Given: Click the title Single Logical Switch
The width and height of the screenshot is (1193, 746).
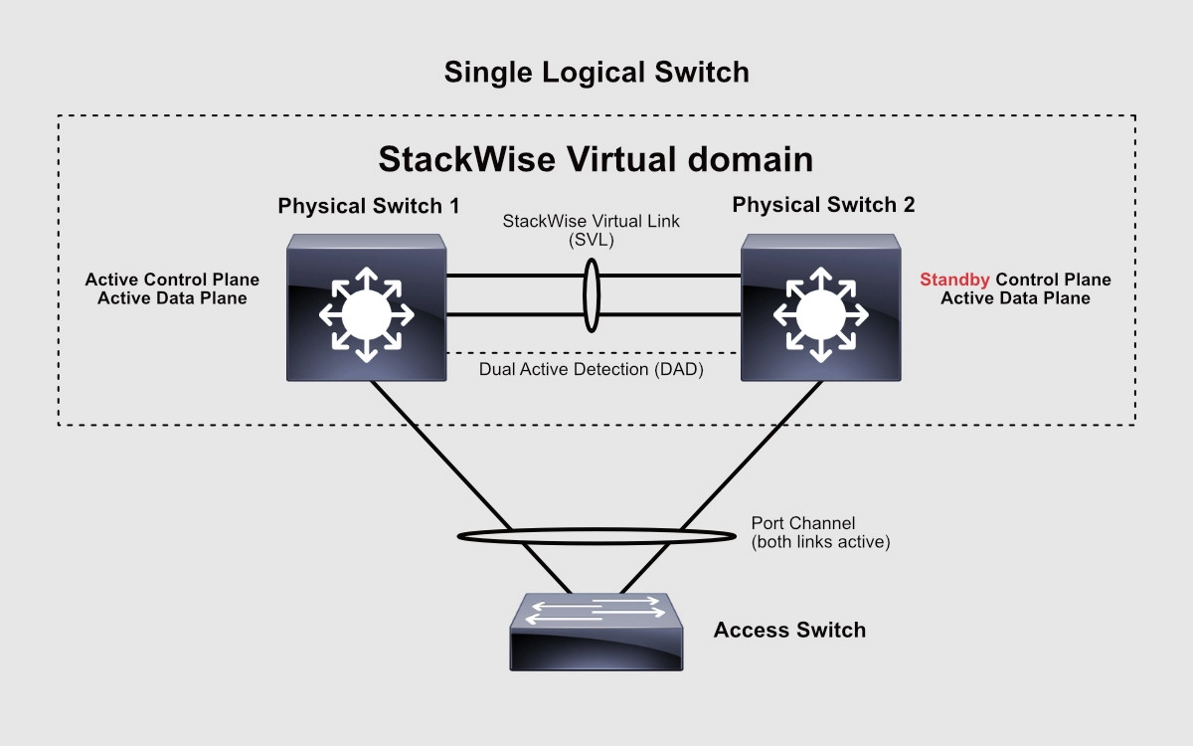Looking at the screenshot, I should pyautogui.click(x=596, y=73).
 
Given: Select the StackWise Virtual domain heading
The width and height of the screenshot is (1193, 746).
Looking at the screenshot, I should pyautogui.click(x=596, y=159).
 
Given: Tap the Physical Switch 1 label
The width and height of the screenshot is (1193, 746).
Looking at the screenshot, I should pyautogui.click(x=369, y=206).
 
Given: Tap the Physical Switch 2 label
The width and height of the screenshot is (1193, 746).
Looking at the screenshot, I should pyautogui.click(x=823, y=206).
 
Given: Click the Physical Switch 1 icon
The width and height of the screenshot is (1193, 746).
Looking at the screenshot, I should pyautogui.click(x=367, y=308).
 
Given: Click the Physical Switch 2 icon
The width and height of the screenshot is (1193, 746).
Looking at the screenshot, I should pyautogui.click(x=821, y=308).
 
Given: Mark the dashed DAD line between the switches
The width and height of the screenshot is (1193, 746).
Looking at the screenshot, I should pyautogui.click(x=517, y=353).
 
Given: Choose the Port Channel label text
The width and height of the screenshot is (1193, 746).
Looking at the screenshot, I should pyautogui.click(x=803, y=523).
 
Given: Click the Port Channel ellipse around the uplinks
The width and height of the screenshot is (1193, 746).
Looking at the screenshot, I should pyautogui.click(x=467, y=537).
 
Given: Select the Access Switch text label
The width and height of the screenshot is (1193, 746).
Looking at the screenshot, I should pyautogui.click(x=789, y=630).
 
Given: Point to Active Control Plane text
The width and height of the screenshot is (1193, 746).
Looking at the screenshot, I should pyautogui.click(x=171, y=280).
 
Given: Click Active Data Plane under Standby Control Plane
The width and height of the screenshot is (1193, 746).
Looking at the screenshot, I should pyautogui.click(x=1015, y=298).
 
